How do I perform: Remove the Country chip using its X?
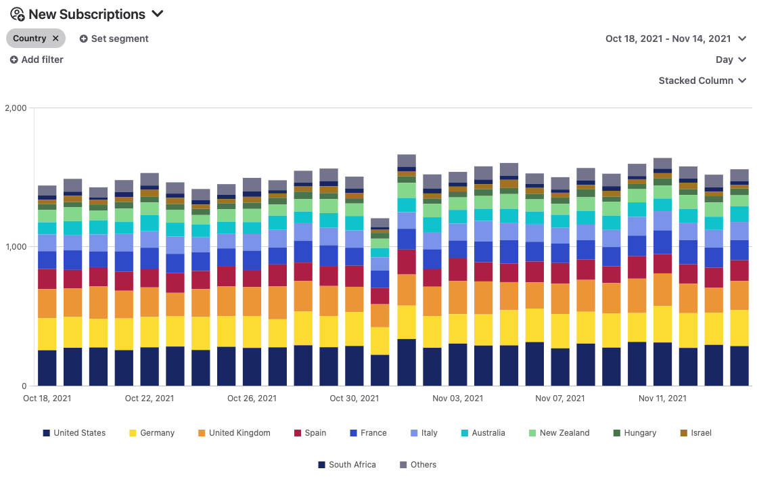point(55,39)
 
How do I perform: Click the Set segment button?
point(114,39)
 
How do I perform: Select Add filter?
point(37,60)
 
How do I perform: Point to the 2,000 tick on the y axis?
point(16,108)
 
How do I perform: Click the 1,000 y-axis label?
point(16,247)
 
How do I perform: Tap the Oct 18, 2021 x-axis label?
point(47,399)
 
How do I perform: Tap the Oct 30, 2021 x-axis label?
point(354,399)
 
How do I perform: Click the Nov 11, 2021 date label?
point(662,399)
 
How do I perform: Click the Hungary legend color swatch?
point(617,433)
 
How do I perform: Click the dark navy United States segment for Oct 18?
point(47,367)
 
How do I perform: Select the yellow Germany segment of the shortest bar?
point(380,341)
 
